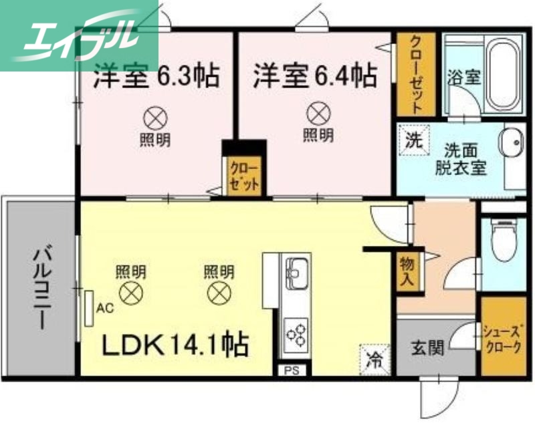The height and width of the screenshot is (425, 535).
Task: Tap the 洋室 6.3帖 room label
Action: pyautogui.click(x=156, y=76)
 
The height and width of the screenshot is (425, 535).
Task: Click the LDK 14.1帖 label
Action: pyautogui.click(x=175, y=345)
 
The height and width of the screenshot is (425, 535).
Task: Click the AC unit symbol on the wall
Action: pyautogui.click(x=89, y=307)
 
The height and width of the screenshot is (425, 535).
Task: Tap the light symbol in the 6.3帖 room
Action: pyautogui.click(x=154, y=119)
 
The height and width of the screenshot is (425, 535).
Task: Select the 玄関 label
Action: pyautogui.click(x=425, y=348)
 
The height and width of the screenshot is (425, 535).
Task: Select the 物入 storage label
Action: pyautogui.click(x=406, y=271)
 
